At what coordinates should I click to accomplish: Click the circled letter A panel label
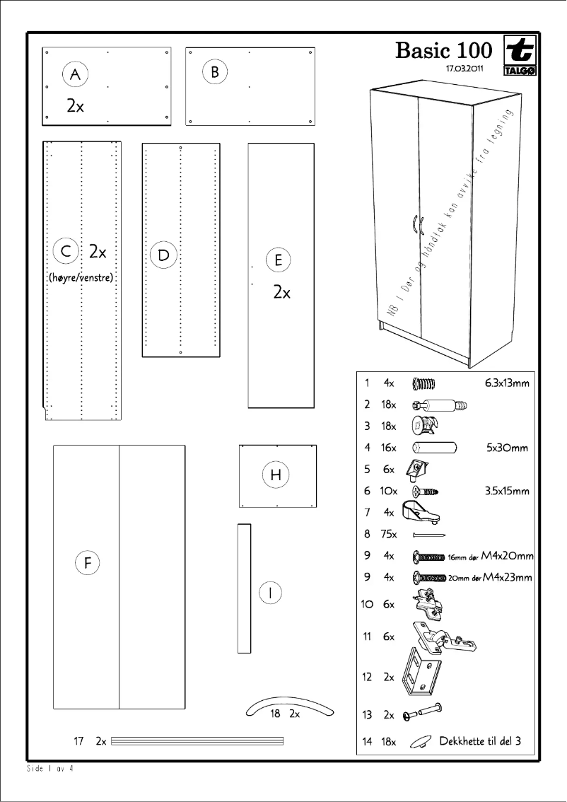tap(75, 74)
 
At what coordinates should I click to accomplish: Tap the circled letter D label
tap(163, 255)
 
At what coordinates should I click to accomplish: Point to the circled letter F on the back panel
tap(87, 564)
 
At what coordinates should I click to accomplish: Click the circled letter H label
tap(276, 475)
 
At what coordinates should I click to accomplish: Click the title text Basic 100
tap(443, 51)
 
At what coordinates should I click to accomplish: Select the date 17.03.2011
tap(464, 69)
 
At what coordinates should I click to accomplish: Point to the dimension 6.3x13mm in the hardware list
tap(506, 383)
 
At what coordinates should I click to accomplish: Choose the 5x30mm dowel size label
tap(507, 448)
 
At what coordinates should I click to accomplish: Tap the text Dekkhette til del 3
tap(480, 741)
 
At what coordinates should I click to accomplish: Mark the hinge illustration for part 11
tap(442, 637)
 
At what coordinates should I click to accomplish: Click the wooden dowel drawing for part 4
tap(434, 448)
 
